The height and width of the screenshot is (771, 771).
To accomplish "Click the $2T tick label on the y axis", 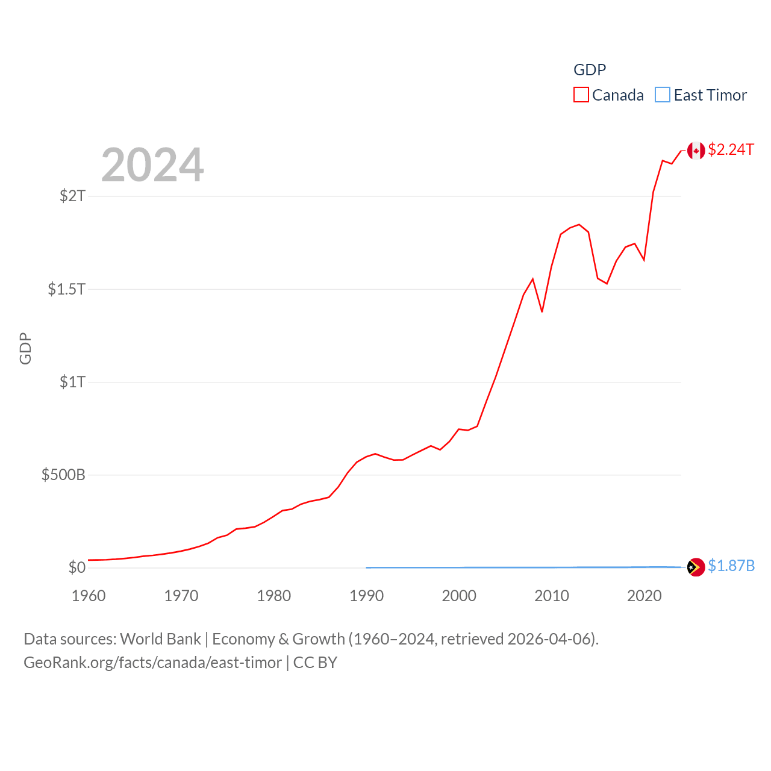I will [72, 196].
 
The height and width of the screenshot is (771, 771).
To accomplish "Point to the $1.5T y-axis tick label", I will [66, 289].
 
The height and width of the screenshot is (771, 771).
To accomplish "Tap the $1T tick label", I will [72, 382].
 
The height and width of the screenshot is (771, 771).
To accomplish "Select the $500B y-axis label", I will [63, 475].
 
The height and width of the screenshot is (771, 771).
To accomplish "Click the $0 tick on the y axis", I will [77, 567].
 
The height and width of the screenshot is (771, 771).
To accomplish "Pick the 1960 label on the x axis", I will [89, 596].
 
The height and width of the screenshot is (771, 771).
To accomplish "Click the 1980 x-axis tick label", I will [274, 596].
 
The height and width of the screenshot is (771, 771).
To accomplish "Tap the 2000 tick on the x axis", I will [459, 596].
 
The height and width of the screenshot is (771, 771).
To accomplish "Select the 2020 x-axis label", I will [645, 596].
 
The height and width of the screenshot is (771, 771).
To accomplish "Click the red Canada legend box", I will [581, 95].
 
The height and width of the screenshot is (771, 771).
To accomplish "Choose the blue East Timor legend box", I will [663, 95].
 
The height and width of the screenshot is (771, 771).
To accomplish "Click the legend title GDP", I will [590, 70].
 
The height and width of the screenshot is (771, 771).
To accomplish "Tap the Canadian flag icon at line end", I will [696, 151].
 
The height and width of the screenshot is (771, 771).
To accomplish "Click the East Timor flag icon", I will [696, 567].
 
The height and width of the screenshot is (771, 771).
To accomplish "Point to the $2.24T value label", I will [731, 149].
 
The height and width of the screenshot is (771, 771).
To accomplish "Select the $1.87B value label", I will [731, 566].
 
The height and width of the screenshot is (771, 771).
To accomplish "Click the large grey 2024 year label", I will [152, 165].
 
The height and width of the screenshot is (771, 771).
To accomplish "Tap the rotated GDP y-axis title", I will [25, 348].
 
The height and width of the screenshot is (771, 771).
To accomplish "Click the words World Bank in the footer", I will [160, 639].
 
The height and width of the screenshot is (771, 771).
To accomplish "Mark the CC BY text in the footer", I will [315, 663].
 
